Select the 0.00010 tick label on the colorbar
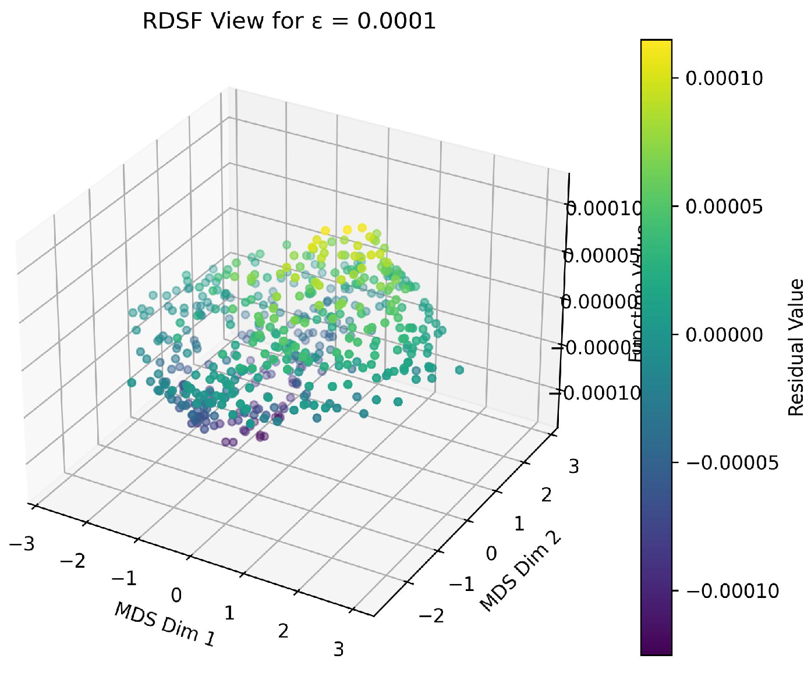(x=724, y=78)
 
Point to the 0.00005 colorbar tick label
(x=724, y=206)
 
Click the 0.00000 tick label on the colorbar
(x=724, y=334)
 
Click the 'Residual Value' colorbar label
(x=796, y=347)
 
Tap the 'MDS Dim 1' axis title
(x=165, y=624)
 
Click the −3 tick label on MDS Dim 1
(x=22, y=544)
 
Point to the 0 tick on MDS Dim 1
(x=176, y=595)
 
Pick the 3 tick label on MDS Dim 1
(x=339, y=649)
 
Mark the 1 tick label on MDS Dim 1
(x=229, y=613)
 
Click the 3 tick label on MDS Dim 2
(x=573, y=467)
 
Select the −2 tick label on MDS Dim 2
(x=431, y=615)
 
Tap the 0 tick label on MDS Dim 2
(x=491, y=553)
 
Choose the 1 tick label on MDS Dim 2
(x=519, y=524)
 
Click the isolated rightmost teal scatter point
(x=459, y=370)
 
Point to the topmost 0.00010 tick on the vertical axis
(x=603, y=208)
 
